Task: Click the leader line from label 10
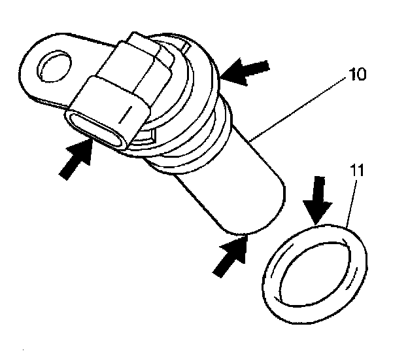click(x=301, y=105)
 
